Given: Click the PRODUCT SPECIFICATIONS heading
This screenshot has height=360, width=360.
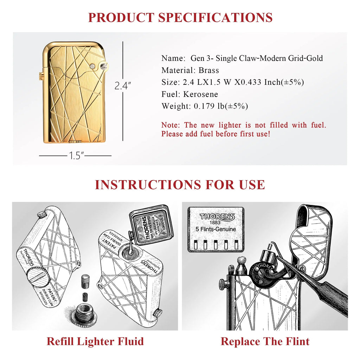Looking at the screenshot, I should pyautogui.click(x=180, y=17).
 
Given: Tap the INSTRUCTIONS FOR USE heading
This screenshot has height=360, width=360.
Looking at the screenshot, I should pyautogui.click(x=180, y=185).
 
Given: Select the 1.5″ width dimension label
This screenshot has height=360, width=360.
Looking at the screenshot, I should pyautogui.click(x=75, y=156).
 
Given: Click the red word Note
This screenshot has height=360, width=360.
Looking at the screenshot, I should pyautogui.click(x=171, y=125).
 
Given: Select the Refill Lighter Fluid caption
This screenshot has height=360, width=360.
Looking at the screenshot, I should pyautogui.click(x=95, y=341).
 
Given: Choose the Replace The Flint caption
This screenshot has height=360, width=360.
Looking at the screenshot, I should pyautogui.click(x=265, y=341).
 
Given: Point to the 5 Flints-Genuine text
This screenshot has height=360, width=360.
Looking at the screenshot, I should pyautogui.click(x=216, y=230).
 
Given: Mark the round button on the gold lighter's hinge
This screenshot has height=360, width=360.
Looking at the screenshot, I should pyautogui.click(x=92, y=66).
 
